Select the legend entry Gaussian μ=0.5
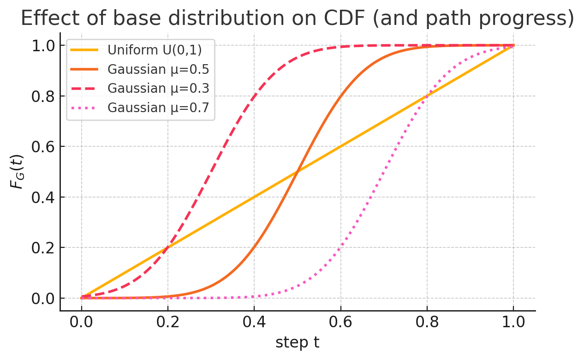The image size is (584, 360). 158,69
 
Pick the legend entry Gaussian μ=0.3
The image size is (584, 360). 158,89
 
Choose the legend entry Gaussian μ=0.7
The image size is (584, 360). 158,108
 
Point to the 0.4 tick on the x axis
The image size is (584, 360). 254,322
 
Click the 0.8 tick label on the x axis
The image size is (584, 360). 427,322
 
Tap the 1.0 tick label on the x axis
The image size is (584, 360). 513,322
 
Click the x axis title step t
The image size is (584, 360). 297,342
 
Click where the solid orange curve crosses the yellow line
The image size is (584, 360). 298,172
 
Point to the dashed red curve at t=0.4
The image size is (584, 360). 254,96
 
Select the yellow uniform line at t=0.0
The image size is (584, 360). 82,298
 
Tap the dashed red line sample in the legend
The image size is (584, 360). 85,89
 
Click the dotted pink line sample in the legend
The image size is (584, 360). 85,108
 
